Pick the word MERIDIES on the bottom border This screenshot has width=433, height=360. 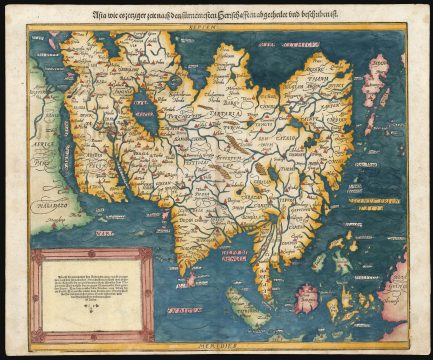(216, 344)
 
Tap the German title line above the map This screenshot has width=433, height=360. (216, 14)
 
